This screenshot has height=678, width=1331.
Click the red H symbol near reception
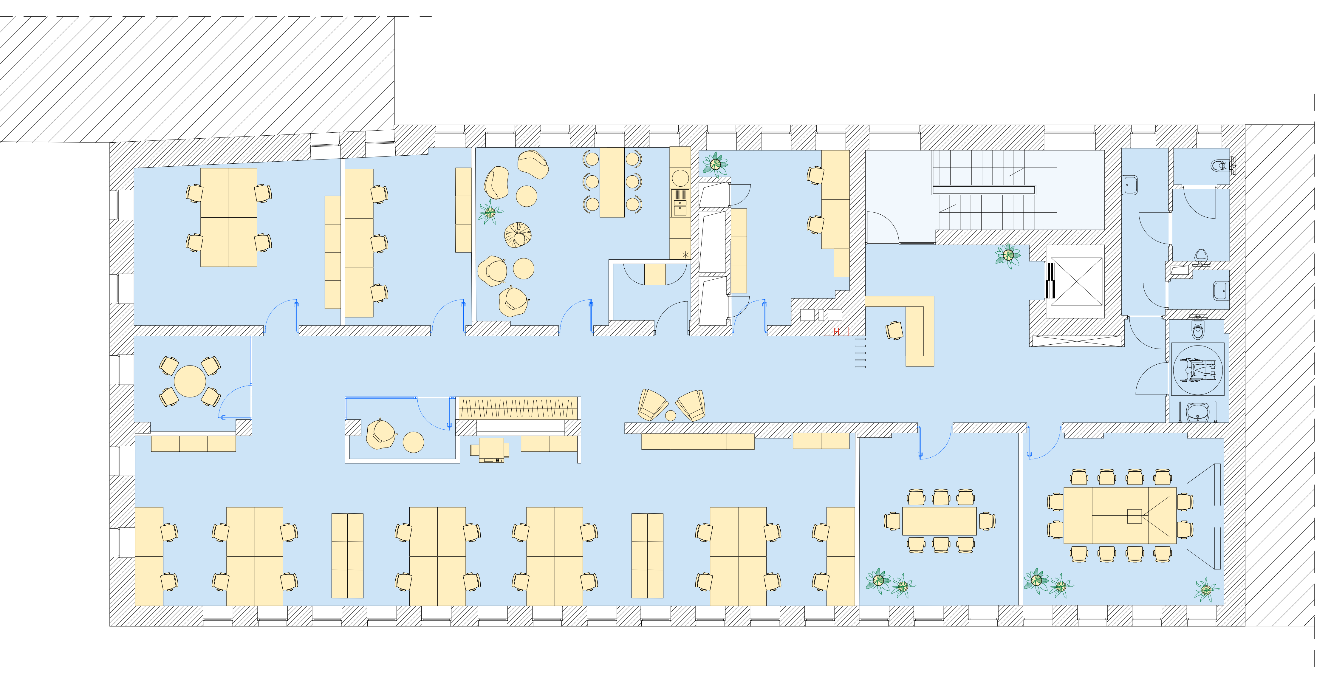836,331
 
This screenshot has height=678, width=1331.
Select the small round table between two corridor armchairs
670,415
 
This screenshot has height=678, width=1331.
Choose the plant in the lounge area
490,212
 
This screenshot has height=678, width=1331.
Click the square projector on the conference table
1134,516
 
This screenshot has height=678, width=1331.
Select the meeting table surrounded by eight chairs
939,521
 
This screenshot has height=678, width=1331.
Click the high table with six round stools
612,182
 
